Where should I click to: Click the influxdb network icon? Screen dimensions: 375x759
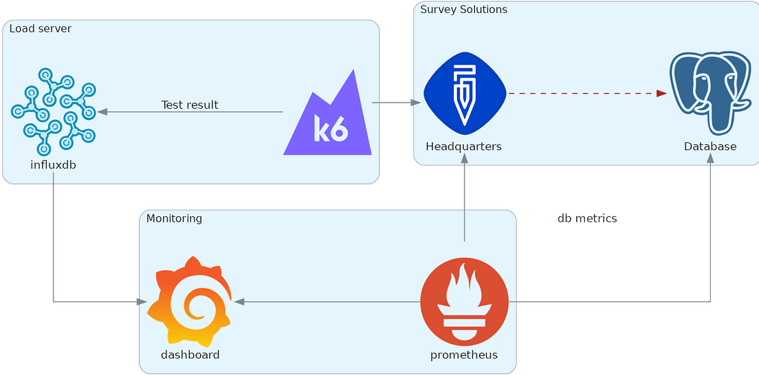point(53,111)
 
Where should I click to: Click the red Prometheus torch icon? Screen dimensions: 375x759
point(464,301)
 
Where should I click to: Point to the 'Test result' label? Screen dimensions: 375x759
point(190,105)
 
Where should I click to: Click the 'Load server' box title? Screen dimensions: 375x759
point(40,29)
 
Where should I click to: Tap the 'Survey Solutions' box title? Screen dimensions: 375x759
point(463,10)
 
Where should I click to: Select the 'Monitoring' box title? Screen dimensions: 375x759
point(174,219)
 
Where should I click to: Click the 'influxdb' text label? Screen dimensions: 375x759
point(53,164)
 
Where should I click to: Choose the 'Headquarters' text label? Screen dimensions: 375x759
point(463,147)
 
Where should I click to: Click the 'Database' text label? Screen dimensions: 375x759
point(709,147)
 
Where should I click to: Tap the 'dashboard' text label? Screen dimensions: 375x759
point(190,355)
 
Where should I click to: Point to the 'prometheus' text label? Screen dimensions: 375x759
point(464,355)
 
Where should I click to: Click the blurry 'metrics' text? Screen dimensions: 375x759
point(587,219)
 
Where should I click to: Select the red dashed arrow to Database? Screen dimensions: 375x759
point(588,94)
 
